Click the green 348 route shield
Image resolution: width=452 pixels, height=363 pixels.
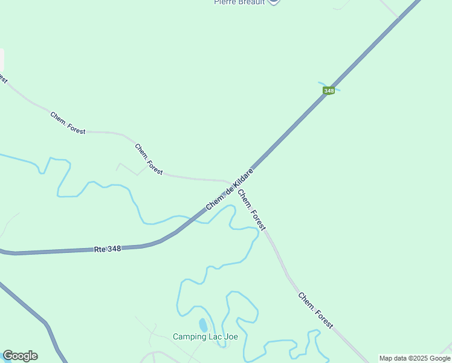tap(328, 91)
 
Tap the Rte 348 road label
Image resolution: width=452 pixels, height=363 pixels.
tap(108, 249)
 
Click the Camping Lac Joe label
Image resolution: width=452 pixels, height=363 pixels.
tap(205, 337)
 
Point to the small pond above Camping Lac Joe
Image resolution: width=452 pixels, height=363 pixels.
tap(202, 325)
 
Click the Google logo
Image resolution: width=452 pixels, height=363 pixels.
tap(20, 356)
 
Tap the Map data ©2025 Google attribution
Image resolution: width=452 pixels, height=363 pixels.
tap(414, 358)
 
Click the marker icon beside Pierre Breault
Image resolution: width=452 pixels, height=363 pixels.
tap(273, 2)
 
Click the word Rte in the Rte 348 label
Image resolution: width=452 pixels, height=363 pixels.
tap(100, 250)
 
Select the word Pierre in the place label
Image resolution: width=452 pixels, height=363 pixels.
tap(225, 2)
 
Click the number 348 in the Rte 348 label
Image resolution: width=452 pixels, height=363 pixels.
tap(114, 249)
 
